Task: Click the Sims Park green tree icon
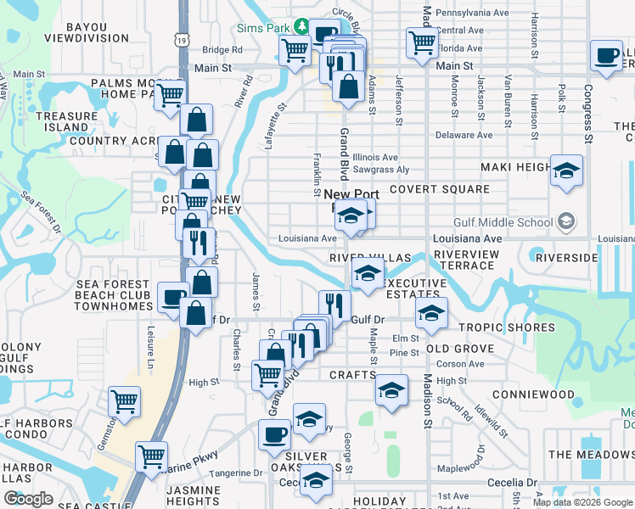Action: [300, 27]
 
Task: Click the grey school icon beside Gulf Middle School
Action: [566, 222]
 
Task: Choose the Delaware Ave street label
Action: [463, 135]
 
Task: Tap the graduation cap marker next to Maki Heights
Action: [566, 171]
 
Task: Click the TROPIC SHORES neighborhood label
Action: [507, 327]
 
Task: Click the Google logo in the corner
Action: [28, 499]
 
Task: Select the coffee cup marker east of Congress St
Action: [607, 56]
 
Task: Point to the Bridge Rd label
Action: [222, 50]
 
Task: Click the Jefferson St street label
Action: [397, 100]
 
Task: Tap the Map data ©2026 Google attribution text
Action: [582, 502]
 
